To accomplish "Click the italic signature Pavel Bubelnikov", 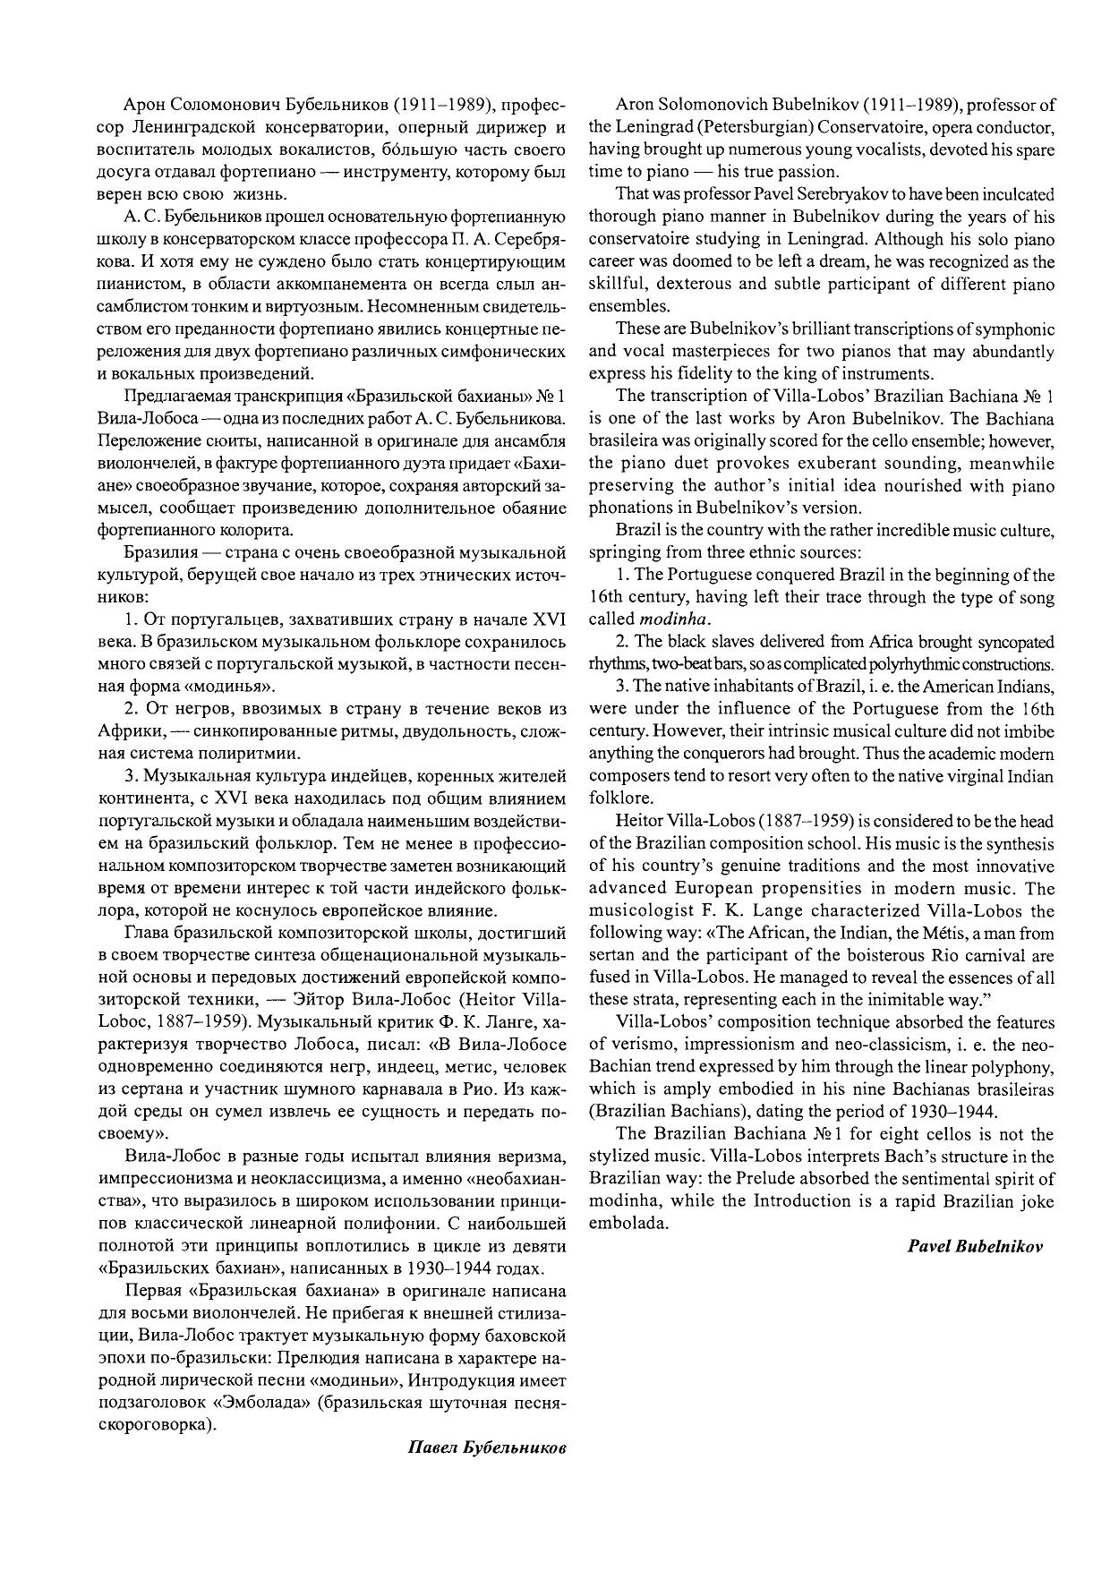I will coord(975,1246).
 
